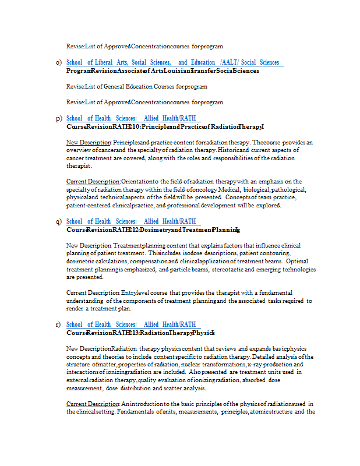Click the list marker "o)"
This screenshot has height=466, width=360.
point(59,62)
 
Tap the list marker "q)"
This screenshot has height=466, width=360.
point(59,221)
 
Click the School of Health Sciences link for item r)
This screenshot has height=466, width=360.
point(132,324)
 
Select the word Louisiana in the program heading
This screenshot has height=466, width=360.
point(173,70)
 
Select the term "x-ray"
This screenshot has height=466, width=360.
point(255,365)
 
